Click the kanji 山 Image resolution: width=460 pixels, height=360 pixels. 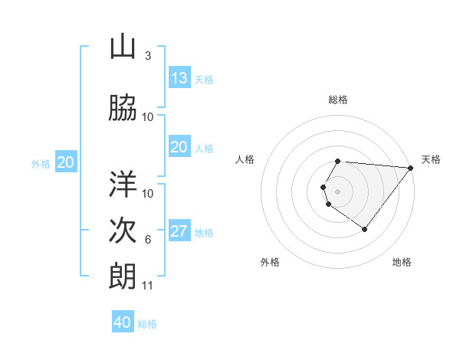(x=123, y=47)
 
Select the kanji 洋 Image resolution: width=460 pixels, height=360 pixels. (x=123, y=184)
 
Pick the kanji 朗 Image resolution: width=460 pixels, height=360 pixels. (x=123, y=277)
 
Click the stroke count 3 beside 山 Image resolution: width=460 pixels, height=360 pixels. (x=147, y=56)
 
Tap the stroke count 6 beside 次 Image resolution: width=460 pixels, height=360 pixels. (x=147, y=240)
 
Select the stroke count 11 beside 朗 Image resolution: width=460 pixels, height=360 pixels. (x=148, y=286)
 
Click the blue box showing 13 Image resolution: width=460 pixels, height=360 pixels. (x=179, y=78)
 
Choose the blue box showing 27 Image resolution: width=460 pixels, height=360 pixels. (x=179, y=231)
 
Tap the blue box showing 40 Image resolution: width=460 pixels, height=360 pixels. (x=123, y=322)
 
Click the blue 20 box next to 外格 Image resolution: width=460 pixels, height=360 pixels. (x=66, y=162)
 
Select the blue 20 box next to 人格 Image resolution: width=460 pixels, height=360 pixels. (x=179, y=147)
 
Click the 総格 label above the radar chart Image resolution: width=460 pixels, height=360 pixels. (x=338, y=100)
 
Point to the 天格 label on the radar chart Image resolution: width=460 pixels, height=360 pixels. (x=431, y=159)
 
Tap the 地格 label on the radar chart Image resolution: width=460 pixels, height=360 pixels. (x=402, y=262)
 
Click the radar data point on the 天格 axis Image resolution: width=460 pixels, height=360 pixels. (x=412, y=168)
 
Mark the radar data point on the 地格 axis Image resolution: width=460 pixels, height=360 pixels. (x=365, y=229)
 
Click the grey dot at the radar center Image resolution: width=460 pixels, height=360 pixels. (x=338, y=191)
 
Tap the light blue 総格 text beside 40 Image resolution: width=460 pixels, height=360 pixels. (x=147, y=324)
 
